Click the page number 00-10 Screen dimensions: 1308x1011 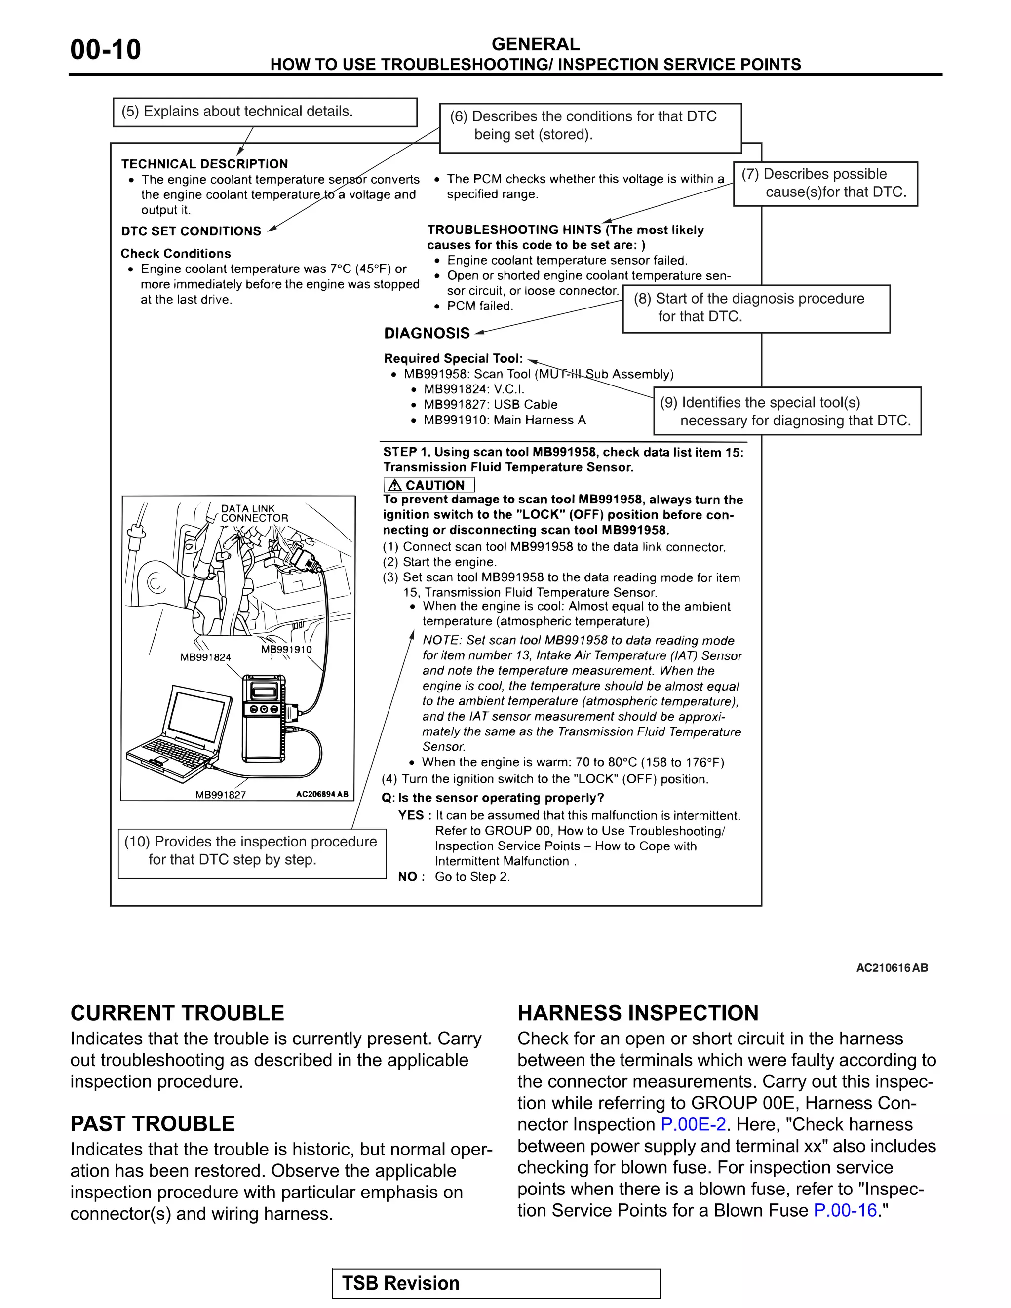click(106, 50)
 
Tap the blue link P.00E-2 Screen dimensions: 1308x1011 click(693, 1124)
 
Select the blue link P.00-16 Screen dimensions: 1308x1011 click(845, 1210)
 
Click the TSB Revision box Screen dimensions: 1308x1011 click(496, 1283)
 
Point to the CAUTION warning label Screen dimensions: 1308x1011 click(429, 485)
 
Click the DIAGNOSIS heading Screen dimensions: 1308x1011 click(427, 334)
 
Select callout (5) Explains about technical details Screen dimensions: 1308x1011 click(265, 112)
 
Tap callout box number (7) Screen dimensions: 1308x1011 click(825, 183)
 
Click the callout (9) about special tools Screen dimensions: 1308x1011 click(786, 412)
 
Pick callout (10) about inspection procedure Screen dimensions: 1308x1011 click(252, 850)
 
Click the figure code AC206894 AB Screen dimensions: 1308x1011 click(322, 794)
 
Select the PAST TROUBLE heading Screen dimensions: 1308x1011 click(153, 1123)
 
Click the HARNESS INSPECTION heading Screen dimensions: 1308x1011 click(638, 1013)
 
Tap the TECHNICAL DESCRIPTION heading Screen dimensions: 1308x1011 click(205, 164)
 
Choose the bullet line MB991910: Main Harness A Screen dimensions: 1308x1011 click(505, 421)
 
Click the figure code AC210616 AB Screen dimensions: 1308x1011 click(891, 968)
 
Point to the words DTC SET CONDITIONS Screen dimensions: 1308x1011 click(191, 231)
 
